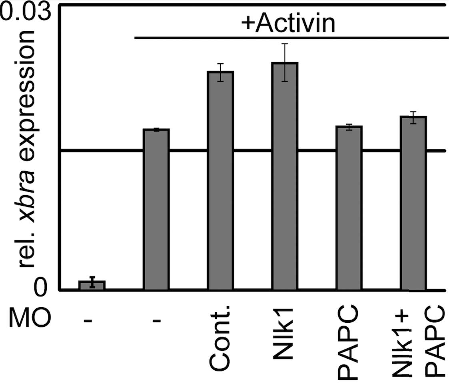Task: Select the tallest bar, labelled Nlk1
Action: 285,176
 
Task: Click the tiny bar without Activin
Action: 92,285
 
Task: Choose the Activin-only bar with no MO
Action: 156,209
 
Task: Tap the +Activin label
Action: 288,25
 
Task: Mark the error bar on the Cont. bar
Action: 220,72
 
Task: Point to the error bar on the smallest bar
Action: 92,282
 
